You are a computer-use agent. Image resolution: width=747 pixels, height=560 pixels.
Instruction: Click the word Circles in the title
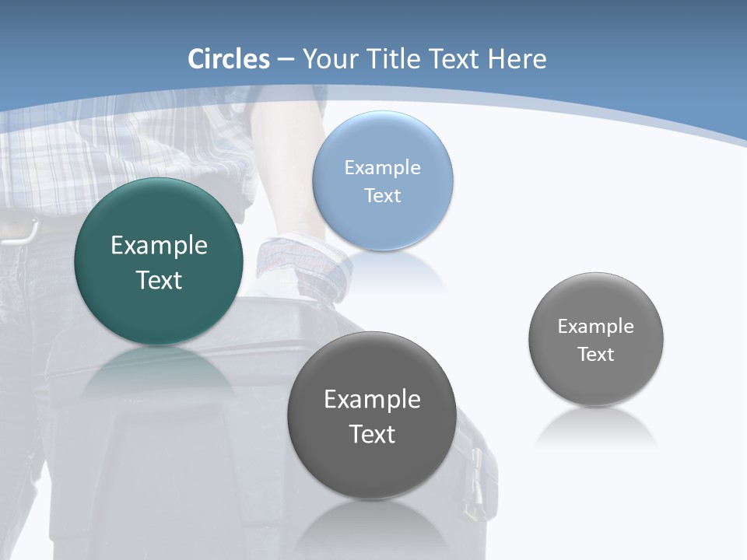(229, 59)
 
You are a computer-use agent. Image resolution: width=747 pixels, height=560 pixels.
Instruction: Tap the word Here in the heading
(517, 59)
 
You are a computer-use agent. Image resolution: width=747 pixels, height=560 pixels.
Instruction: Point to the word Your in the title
(330, 59)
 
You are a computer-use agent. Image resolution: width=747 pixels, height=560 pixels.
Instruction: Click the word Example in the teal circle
(159, 246)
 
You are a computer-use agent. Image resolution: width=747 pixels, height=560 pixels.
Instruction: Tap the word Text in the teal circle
(159, 280)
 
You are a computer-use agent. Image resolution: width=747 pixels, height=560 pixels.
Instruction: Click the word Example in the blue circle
(383, 168)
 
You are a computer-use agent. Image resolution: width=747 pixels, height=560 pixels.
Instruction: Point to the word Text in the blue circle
(383, 196)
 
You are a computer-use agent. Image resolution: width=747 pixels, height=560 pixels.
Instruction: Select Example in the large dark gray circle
(372, 400)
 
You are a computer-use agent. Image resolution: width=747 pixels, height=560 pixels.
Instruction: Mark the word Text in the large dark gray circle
(372, 434)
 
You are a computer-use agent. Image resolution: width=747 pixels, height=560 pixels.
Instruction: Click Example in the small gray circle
(596, 327)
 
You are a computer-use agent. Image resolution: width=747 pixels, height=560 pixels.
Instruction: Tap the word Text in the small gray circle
(596, 355)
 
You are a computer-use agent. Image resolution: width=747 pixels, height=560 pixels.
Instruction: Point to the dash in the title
(286, 60)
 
